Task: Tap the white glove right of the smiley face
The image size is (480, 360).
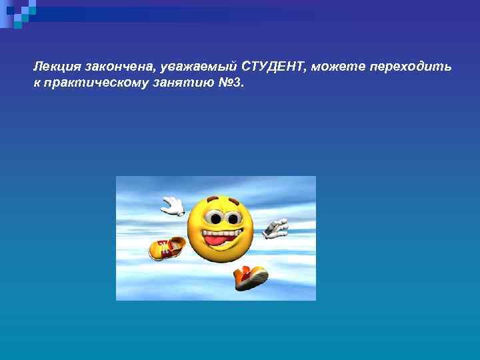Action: point(275,228)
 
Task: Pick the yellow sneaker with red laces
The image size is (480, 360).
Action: point(167,249)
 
